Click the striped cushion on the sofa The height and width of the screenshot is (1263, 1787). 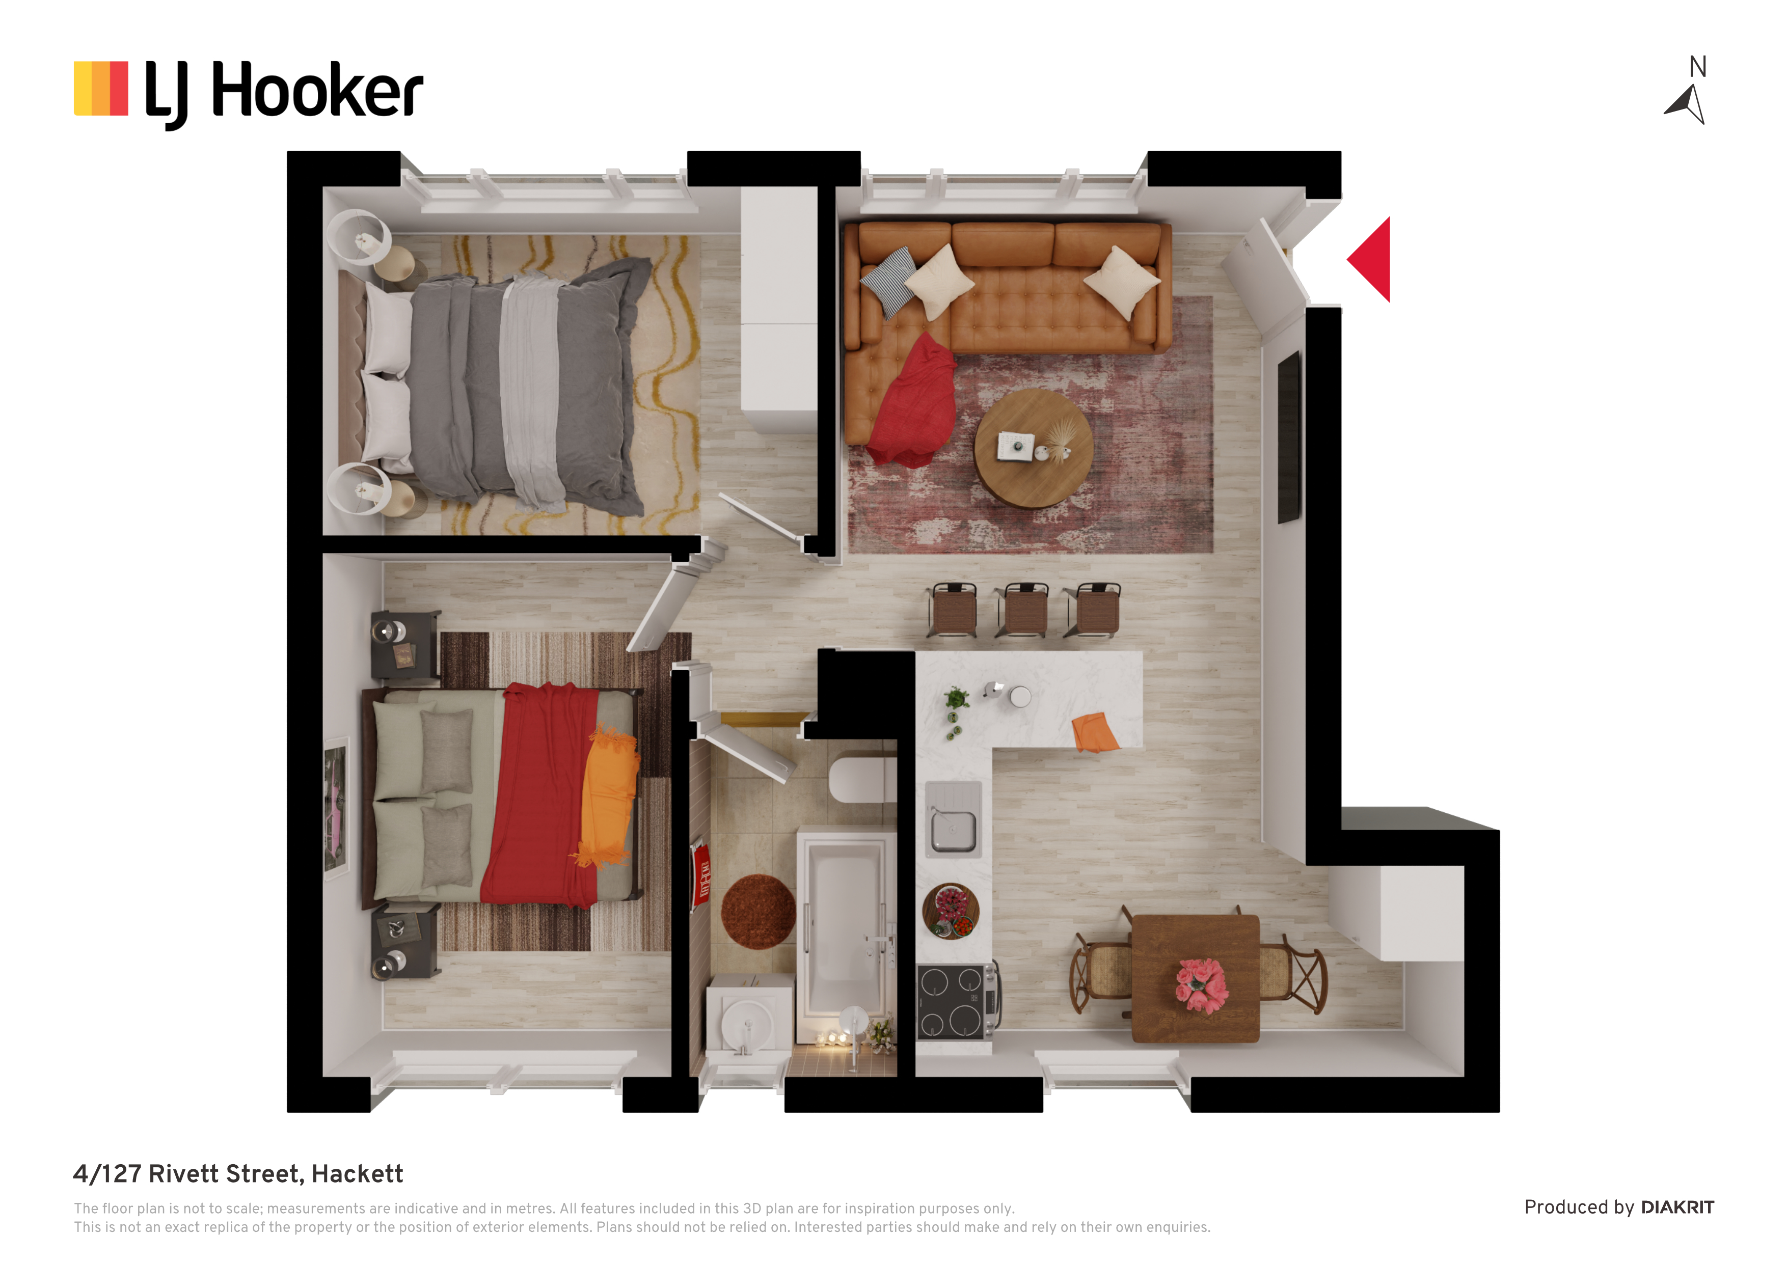tap(889, 281)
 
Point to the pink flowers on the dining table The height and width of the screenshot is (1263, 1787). tap(1202, 985)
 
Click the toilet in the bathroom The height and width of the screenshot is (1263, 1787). tap(862, 780)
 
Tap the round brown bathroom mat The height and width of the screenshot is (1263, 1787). tap(758, 911)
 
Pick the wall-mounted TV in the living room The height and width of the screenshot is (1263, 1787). tap(1288, 437)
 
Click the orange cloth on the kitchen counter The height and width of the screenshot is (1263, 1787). tap(1094, 732)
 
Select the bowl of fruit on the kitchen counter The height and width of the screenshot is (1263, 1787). tap(951, 911)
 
